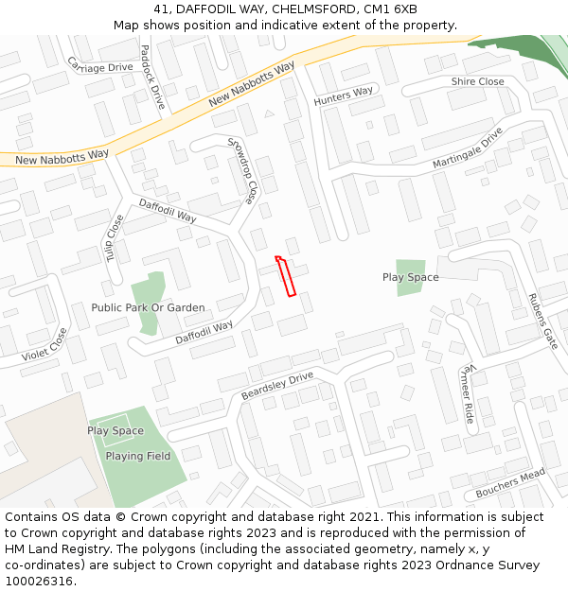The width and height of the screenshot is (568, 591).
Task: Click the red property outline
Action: pos(286,276)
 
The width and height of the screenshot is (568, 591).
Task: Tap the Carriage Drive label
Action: pos(100,65)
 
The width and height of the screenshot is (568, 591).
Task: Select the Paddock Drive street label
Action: pos(152,77)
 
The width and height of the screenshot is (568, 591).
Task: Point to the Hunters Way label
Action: pos(345,96)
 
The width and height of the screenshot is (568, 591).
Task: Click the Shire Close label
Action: pos(477,82)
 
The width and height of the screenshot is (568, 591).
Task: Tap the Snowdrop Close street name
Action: pos(242,171)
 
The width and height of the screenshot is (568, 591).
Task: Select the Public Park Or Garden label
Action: pos(148,307)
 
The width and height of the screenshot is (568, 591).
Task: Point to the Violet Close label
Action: pos(44,345)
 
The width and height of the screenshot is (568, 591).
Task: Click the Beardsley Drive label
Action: pos(276,385)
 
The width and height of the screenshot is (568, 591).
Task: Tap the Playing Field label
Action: pos(138,457)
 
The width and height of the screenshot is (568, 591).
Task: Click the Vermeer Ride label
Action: pos(467,392)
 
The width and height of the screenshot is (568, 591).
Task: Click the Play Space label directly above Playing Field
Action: pos(115,431)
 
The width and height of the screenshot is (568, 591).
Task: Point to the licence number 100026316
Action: pos(40,582)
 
